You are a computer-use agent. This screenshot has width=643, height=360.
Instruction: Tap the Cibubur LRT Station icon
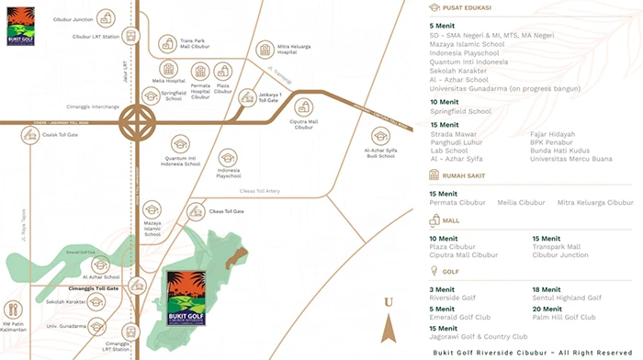(x=130, y=37)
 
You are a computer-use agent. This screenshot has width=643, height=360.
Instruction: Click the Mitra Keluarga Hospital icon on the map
(x=265, y=49)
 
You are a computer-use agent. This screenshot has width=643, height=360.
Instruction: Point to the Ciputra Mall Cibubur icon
(x=303, y=108)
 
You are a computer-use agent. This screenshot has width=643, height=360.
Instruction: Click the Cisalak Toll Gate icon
(x=29, y=135)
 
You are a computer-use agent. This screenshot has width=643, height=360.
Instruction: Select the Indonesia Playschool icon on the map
(x=228, y=158)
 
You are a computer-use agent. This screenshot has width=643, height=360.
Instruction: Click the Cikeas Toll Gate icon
(x=195, y=211)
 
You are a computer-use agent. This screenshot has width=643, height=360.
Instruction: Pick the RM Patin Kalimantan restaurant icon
(x=13, y=310)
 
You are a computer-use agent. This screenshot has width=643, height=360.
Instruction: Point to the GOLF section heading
(x=451, y=272)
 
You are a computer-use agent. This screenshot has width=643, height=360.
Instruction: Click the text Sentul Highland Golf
(x=567, y=298)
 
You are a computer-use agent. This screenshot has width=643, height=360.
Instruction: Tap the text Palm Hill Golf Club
(x=564, y=317)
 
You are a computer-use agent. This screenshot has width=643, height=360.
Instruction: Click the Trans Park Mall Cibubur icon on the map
(x=167, y=43)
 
